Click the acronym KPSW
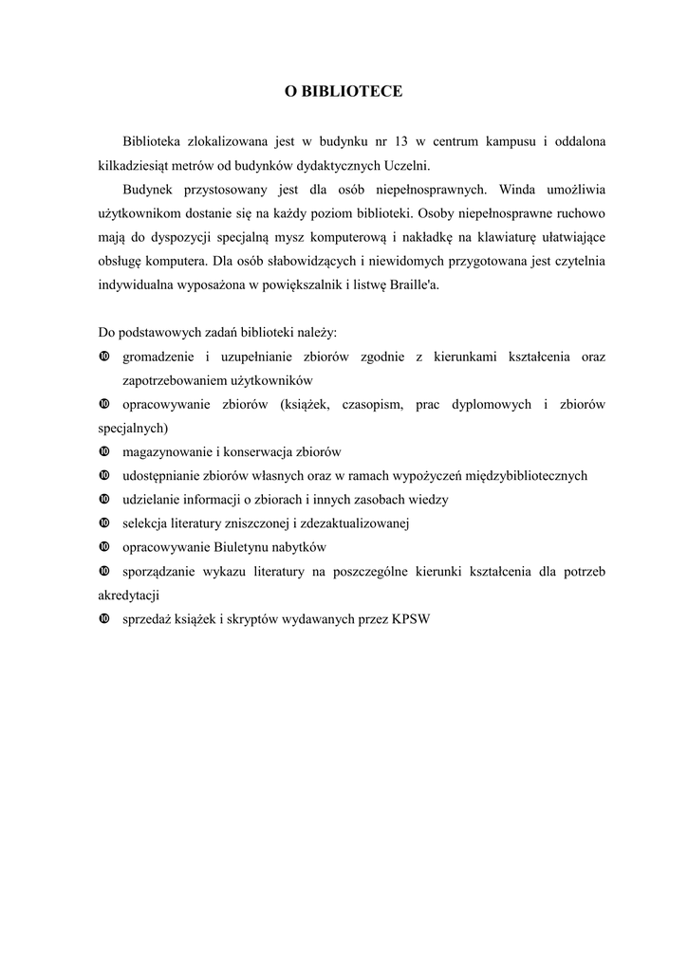click(410, 619)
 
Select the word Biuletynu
click(237, 547)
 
